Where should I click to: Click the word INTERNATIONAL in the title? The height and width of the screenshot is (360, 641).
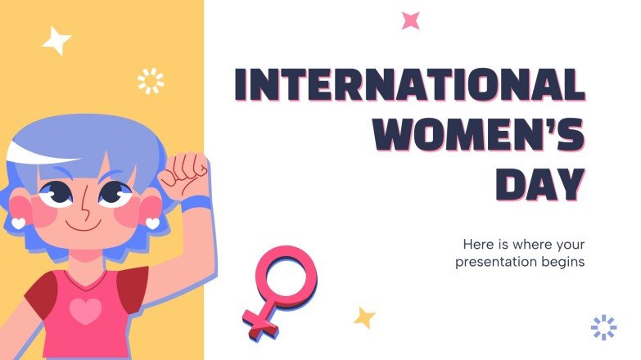tap(409, 85)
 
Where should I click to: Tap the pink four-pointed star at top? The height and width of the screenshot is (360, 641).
tap(410, 20)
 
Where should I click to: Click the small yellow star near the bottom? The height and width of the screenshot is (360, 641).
tap(363, 317)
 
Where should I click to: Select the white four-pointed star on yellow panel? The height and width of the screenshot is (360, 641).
tap(56, 40)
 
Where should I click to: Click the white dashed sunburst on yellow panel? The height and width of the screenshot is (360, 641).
tap(151, 81)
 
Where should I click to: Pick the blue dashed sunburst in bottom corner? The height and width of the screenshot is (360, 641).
tap(603, 327)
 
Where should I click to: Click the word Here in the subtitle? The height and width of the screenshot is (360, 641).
tap(480, 245)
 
